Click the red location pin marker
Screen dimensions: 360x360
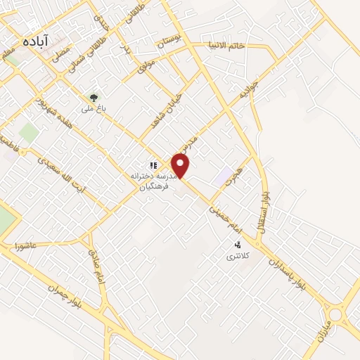pyautogui.click(x=181, y=166)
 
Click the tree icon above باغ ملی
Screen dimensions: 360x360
pyautogui.click(x=93, y=97)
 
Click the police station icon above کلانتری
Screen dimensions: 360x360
pyautogui.click(x=238, y=245)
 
